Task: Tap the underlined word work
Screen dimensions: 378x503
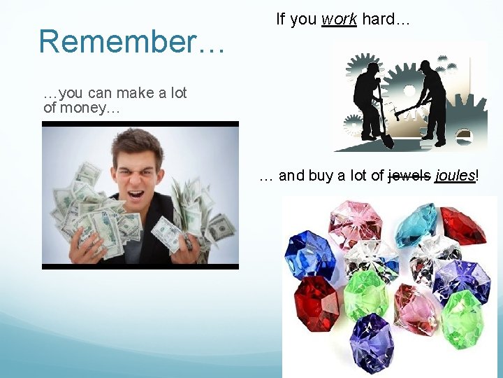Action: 339,20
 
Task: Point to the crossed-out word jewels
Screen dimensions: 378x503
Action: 409,176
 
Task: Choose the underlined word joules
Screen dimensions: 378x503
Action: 455,176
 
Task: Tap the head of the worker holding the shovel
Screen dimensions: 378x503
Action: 371,68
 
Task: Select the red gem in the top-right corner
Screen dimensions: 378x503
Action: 463,224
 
